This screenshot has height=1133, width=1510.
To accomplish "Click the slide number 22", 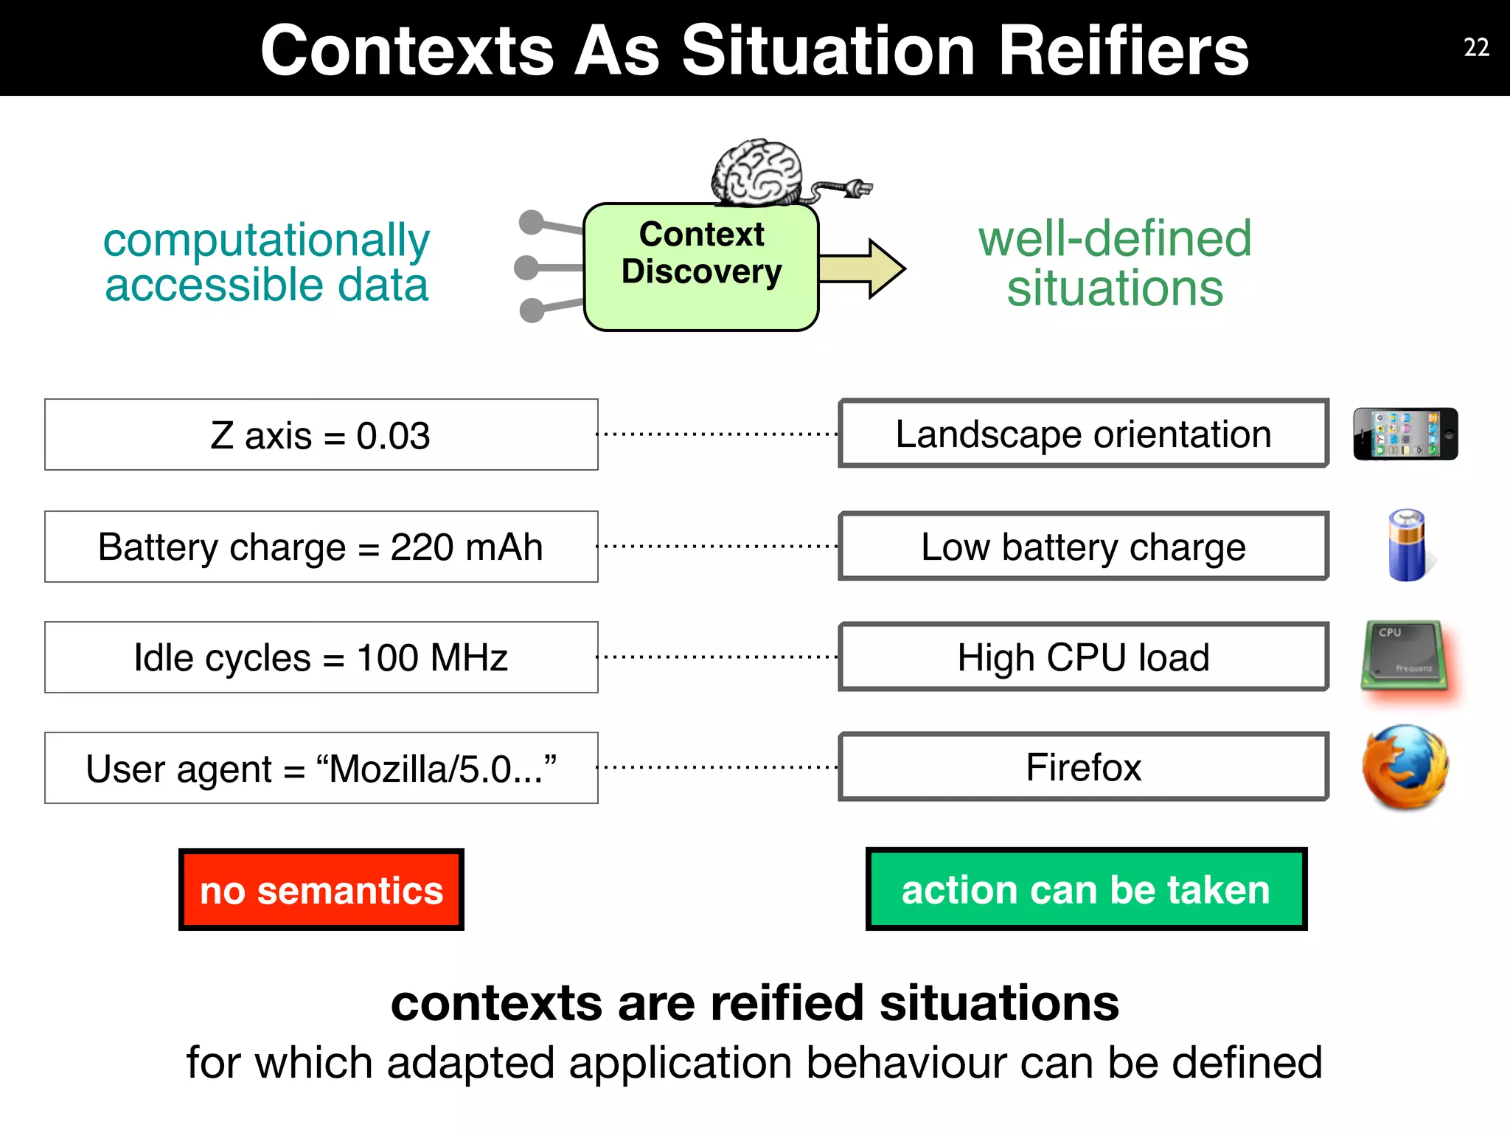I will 1476,48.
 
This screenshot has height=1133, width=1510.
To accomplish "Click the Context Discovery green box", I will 701,267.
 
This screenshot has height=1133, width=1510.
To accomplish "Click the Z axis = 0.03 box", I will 321,435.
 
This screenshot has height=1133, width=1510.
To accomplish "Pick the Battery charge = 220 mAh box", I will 321,547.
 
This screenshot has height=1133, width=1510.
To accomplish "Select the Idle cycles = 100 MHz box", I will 321,657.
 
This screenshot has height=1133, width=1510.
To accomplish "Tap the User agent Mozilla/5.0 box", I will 321,768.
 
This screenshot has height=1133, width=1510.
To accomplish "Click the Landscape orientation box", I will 1083,434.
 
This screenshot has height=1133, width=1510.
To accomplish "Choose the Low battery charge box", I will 1083,547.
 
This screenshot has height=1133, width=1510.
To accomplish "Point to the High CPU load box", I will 1083,657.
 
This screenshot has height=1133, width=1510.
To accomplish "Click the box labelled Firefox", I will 1083,767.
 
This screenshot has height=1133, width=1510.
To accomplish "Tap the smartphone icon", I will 1405,434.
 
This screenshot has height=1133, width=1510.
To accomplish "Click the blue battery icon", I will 1407,546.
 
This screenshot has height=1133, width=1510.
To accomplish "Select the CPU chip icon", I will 1404,655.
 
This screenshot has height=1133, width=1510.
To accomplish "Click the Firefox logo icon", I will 1405,767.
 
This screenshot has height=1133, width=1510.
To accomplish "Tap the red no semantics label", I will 321,890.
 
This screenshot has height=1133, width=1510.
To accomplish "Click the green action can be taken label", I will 1086,889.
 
